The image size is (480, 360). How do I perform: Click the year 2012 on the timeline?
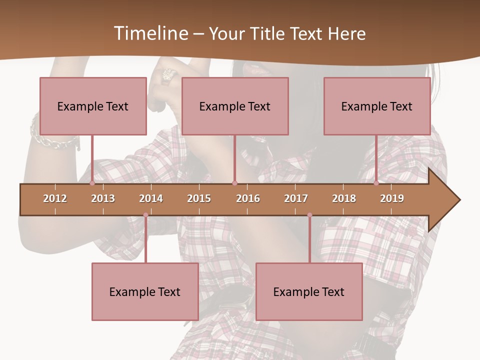(x=55, y=198)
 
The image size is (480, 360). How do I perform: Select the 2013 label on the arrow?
(x=103, y=198)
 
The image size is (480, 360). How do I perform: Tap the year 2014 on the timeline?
(x=151, y=198)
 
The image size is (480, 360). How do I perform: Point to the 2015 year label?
(x=199, y=198)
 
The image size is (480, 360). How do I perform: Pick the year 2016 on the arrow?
(x=248, y=198)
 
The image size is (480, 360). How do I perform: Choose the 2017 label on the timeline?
(x=296, y=198)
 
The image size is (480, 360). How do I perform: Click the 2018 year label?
(x=344, y=198)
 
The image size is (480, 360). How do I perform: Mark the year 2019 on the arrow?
(x=392, y=198)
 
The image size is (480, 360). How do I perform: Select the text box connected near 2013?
(x=93, y=106)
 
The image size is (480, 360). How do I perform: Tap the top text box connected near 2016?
(x=235, y=106)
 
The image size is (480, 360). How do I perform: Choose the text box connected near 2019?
(x=377, y=106)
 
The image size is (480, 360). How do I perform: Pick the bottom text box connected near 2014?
(x=145, y=291)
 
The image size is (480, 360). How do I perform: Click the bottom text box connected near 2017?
(x=309, y=291)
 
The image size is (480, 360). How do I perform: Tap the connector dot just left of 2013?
(x=92, y=183)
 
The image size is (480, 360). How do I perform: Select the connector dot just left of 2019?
(x=376, y=183)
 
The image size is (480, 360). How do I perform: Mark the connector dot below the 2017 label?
(x=309, y=215)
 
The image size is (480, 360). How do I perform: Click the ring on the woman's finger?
(x=168, y=75)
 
